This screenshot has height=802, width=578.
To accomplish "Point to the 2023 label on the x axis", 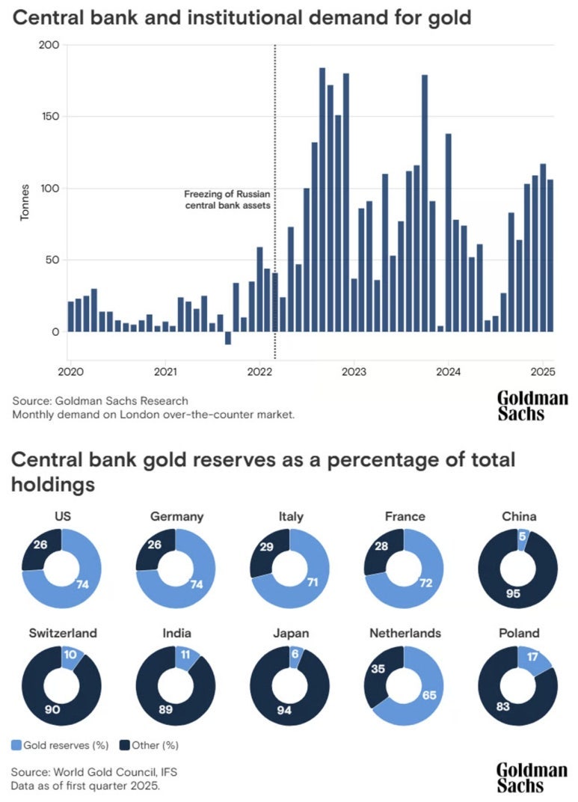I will (354, 372).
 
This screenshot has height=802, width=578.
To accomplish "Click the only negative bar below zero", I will (228, 338).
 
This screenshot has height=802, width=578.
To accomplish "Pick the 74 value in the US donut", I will (84, 584).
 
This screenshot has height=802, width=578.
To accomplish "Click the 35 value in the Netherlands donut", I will (380, 668).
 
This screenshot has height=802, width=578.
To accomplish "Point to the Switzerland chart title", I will (63, 633).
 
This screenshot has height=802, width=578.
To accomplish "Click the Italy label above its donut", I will (292, 516).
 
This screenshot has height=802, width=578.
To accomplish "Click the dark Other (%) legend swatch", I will (125, 745).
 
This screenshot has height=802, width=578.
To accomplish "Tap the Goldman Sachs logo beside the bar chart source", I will (532, 405).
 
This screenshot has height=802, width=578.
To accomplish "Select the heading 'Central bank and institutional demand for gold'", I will (241, 17).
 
